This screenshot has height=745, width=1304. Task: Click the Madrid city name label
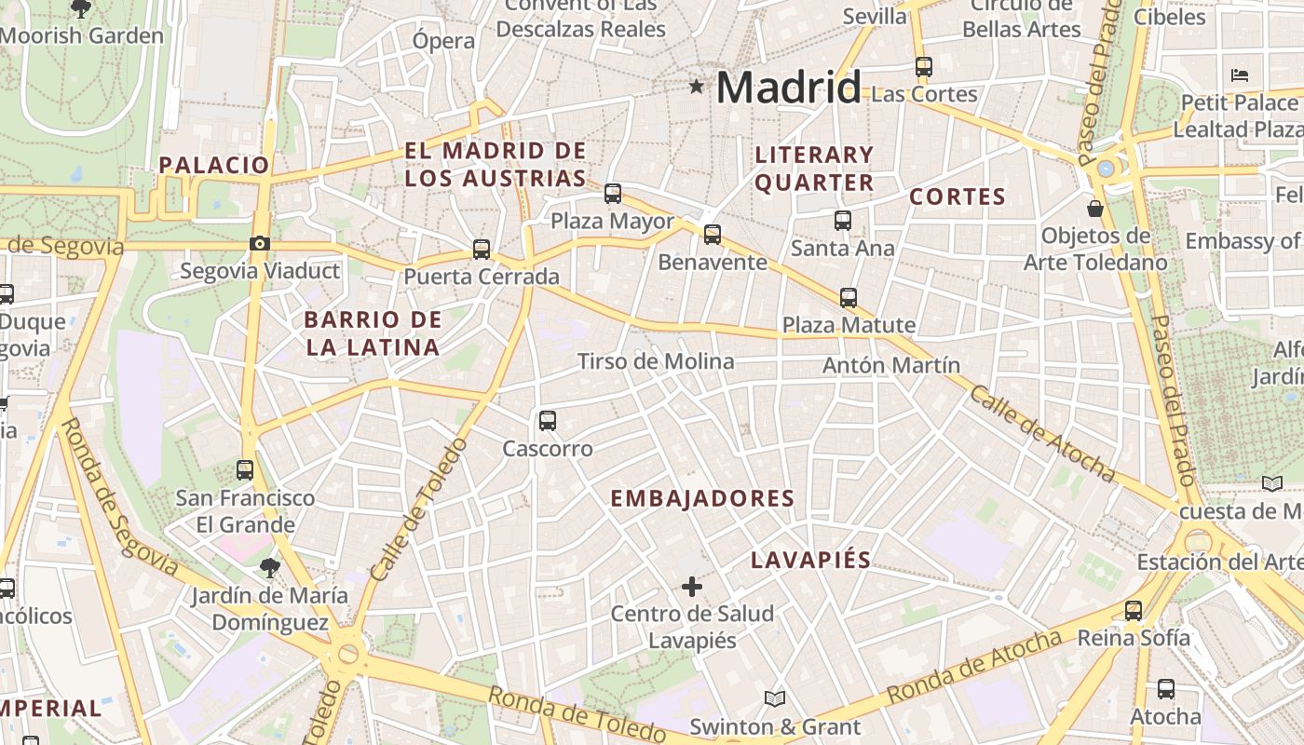pos(788,88)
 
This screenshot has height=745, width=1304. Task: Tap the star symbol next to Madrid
pos(696,87)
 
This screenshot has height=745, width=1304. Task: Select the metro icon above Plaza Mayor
pos(612,194)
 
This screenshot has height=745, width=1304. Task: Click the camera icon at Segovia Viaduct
pos(259,244)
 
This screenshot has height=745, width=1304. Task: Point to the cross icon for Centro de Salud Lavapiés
pos(691,587)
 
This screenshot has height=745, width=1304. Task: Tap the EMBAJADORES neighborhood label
pos(702,498)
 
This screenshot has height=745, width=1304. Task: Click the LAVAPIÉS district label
pos(810,561)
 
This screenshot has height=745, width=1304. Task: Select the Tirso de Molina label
pos(656,361)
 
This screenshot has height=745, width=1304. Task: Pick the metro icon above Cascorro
pos(548,421)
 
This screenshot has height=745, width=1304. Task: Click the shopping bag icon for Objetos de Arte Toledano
pos(1095,208)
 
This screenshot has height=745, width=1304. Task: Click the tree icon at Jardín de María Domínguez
pos(270,567)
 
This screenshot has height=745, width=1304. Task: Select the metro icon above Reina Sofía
pos(1134,611)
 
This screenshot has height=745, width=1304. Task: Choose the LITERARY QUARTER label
pos(814,169)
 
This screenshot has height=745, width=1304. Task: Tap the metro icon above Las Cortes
pos(924,67)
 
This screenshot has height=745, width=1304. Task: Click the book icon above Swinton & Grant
pos(775,698)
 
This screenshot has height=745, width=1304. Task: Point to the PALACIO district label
pos(213,166)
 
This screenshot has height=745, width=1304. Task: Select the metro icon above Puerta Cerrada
pos(482,250)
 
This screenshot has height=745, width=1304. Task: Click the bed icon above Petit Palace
pos(1239,74)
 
